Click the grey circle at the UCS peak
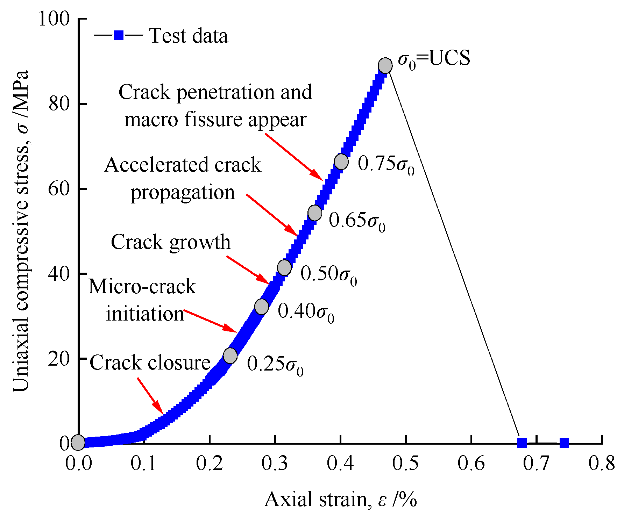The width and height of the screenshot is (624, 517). [385, 65]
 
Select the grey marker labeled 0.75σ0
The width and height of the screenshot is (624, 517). [341, 161]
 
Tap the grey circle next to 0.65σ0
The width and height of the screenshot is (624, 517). [315, 213]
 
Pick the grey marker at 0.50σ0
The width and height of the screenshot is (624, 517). [284, 268]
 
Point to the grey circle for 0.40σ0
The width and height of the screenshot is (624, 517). [262, 307]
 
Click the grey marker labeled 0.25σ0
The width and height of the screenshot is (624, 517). [230, 356]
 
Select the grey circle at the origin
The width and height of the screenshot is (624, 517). [78, 443]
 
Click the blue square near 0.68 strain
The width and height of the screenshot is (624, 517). [522, 443]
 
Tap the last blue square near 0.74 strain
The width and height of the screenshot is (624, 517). [564, 443]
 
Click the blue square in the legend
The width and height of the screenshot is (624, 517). [119, 36]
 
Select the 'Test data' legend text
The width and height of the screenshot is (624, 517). [189, 36]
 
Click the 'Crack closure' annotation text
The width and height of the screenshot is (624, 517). [150, 363]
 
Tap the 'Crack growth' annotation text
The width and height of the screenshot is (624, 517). [171, 242]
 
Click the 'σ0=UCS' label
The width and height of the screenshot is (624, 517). [434, 59]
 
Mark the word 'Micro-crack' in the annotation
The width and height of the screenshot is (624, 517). [142, 287]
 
